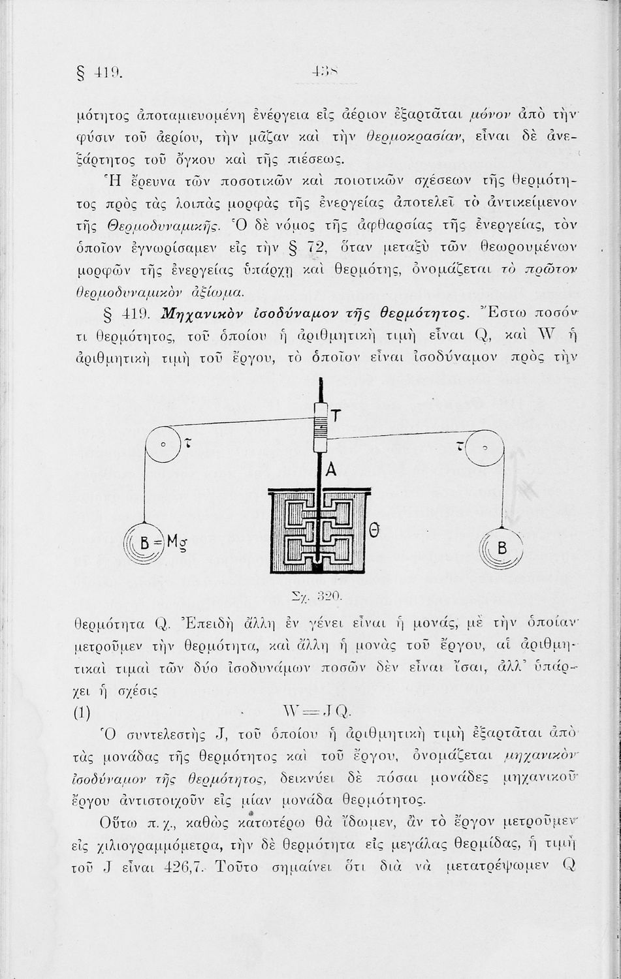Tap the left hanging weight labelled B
click(x=145, y=541)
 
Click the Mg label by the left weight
click(x=176, y=541)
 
